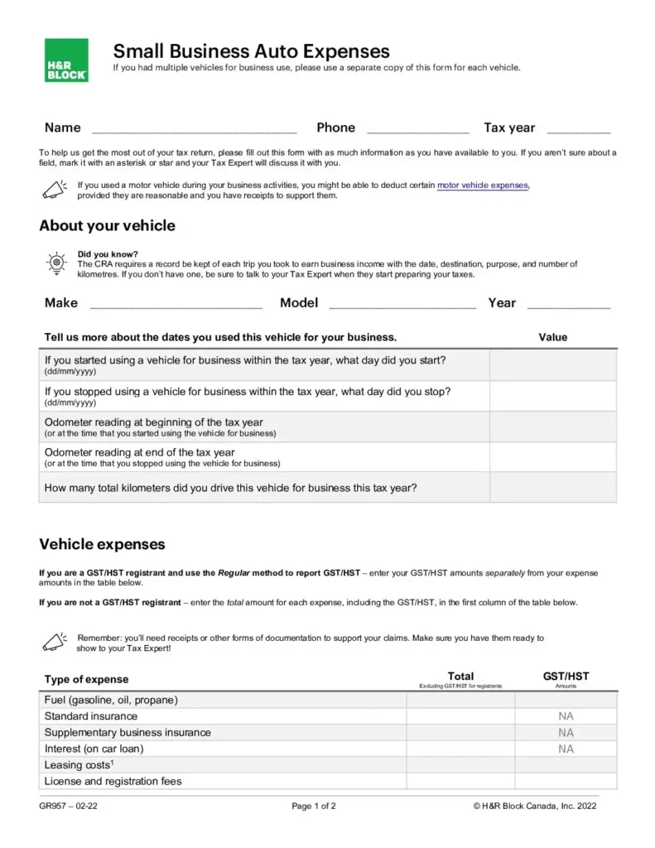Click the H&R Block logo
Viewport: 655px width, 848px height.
point(66,60)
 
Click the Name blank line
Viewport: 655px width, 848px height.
point(194,129)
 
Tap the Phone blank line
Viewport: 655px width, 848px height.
point(417,129)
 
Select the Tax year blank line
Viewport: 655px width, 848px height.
point(579,129)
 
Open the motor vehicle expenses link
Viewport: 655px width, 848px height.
point(482,185)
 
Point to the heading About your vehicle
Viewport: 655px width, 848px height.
point(107,226)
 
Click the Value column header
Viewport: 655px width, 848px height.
point(552,337)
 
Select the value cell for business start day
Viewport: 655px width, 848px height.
point(552,365)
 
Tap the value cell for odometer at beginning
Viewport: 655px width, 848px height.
point(552,426)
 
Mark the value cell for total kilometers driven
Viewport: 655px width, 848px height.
point(552,488)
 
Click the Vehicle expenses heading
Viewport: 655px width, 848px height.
point(102,544)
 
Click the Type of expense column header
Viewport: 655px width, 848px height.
point(86,679)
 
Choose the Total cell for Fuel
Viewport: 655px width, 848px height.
point(460,700)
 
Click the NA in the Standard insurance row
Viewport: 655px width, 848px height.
point(566,716)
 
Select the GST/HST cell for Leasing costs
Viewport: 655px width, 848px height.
point(566,765)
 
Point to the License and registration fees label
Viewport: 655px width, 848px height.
point(113,781)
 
